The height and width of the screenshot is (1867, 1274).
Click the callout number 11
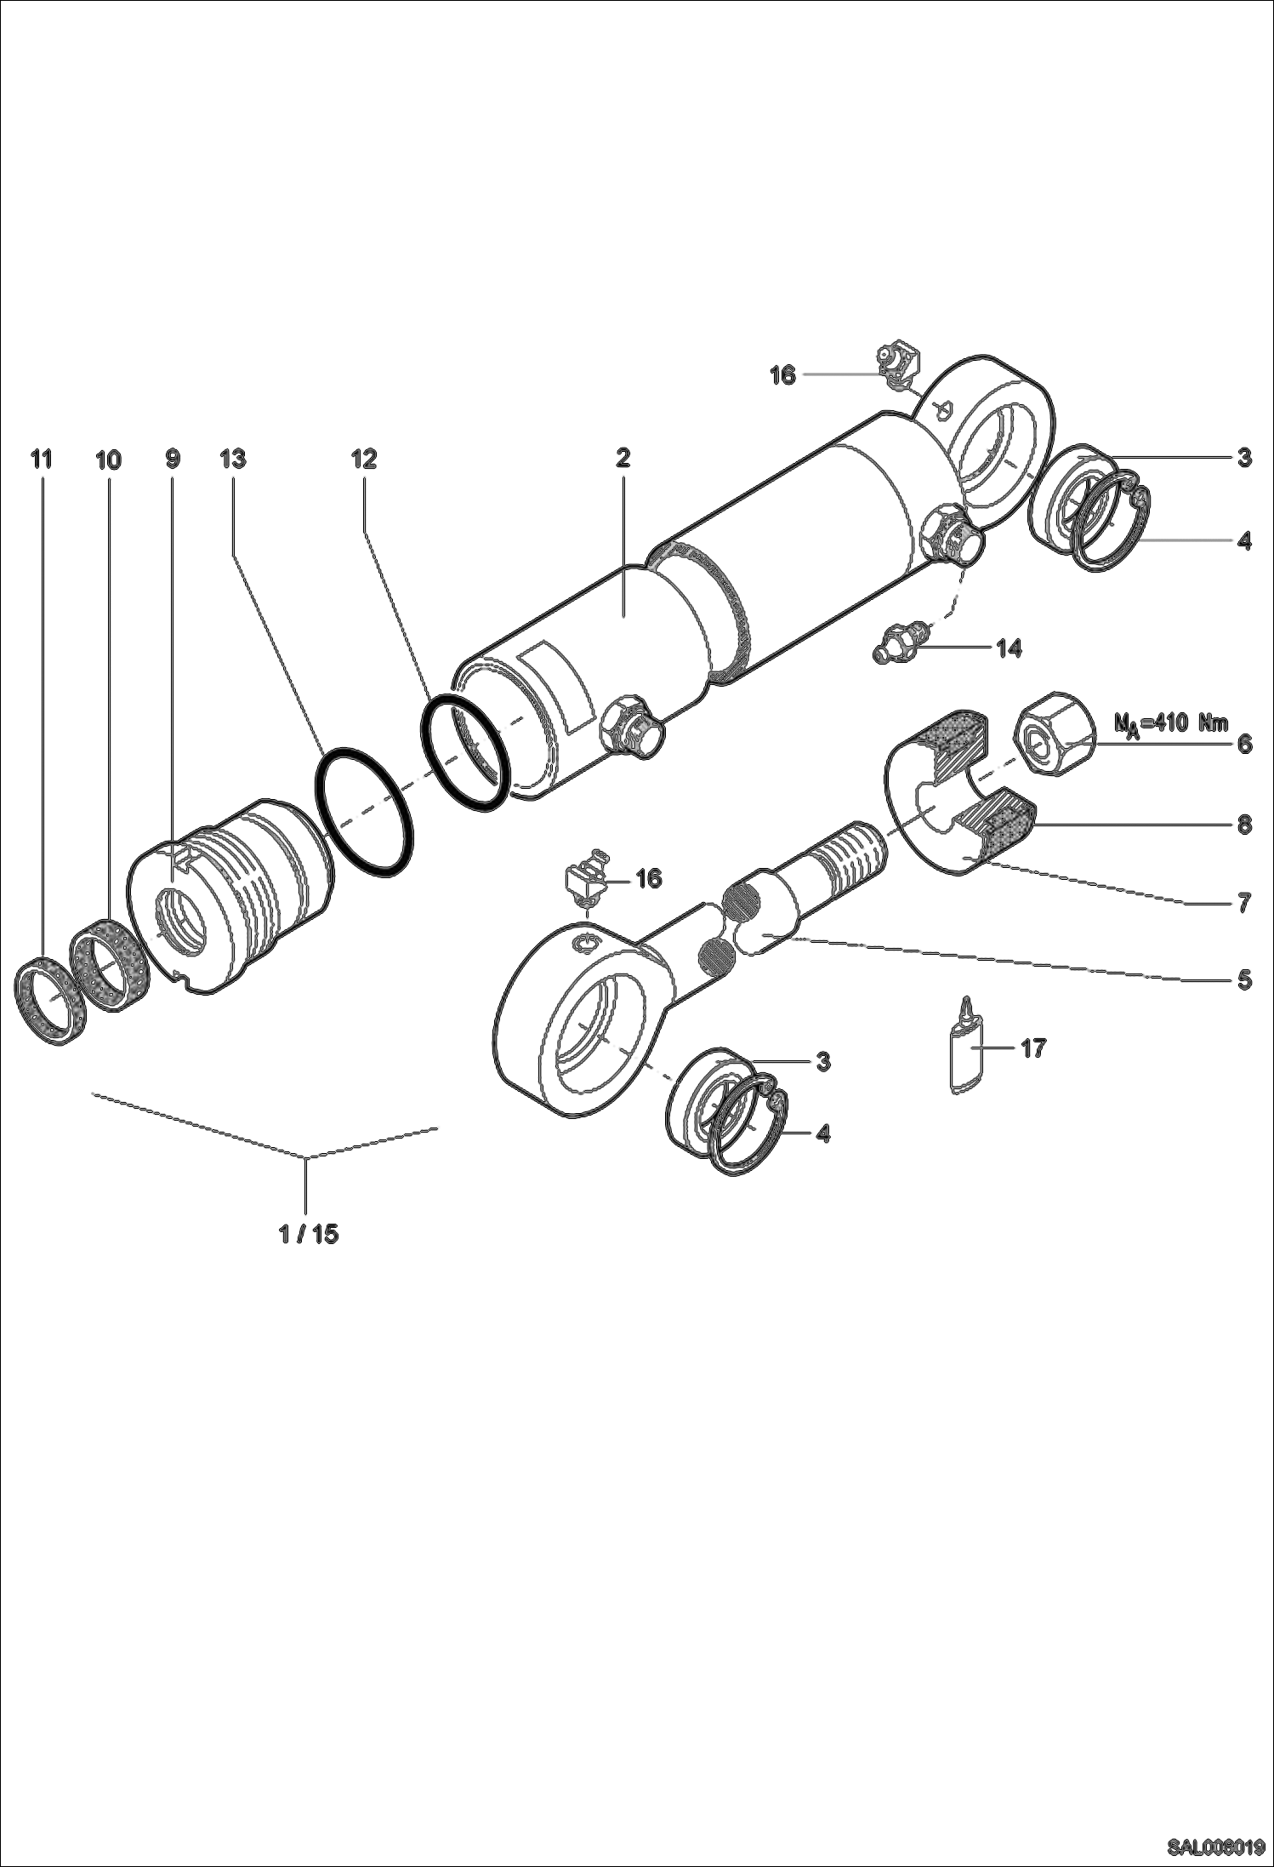pyautogui.click(x=41, y=460)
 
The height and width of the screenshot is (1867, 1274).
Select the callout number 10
pyautogui.click(x=108, y=460)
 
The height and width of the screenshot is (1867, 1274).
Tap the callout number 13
pyautogui.click(x=232, y=460)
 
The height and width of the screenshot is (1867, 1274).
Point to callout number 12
pyautogui.click(x=364, y=460)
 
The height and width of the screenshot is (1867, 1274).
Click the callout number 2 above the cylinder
pyautogui.click(x=623, y=459)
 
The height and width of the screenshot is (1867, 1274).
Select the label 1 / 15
pyautogui.click(x=309, y=1234)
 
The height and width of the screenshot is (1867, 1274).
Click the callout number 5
pyautogui.click(x=1243, y=980)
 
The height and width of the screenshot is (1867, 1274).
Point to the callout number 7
pyautogui.click(x=1243, y=902)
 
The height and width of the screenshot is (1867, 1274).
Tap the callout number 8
pyautogui.click(x=1243, y=824)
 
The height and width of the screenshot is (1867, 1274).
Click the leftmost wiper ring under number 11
pyautogui.click(x=50, y=1000)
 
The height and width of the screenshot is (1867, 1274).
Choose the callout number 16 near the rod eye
pyautogui.click(x=648, y=878)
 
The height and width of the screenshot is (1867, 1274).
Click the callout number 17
pyautogui.click(x=1032, y=1048)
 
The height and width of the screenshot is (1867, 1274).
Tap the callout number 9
pyautogui.click(x=173, y=460)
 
